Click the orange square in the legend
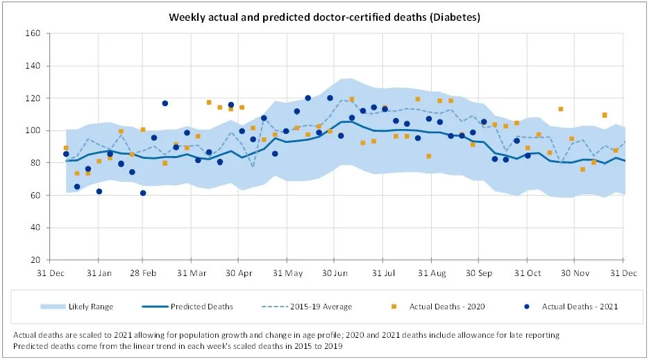tap(393, 306)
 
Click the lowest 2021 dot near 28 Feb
tap(143, 193)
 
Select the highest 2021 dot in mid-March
tap(165, 103)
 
